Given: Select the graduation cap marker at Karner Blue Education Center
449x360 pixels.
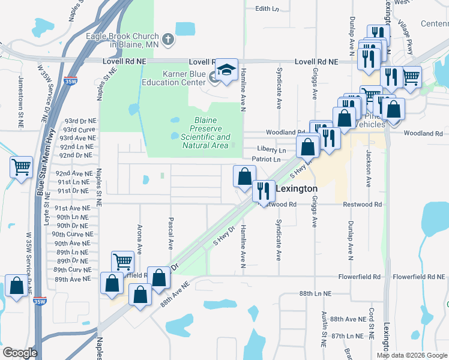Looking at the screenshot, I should click(227, 71).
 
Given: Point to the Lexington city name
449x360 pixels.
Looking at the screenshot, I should click(296, 188).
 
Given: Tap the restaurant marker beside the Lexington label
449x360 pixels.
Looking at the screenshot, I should click(263, 191).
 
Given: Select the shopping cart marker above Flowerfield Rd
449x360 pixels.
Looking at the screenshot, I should click(122, 261).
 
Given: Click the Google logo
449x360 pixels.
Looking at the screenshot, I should click(20, 353).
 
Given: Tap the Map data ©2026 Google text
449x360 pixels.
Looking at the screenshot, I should click(412, 355).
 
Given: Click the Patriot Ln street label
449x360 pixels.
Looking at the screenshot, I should click(266, 160).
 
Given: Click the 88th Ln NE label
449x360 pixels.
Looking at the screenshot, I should click(316, 293).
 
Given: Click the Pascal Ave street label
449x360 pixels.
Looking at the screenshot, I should click(171, 233).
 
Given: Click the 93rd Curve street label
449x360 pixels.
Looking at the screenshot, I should click(79, 130).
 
